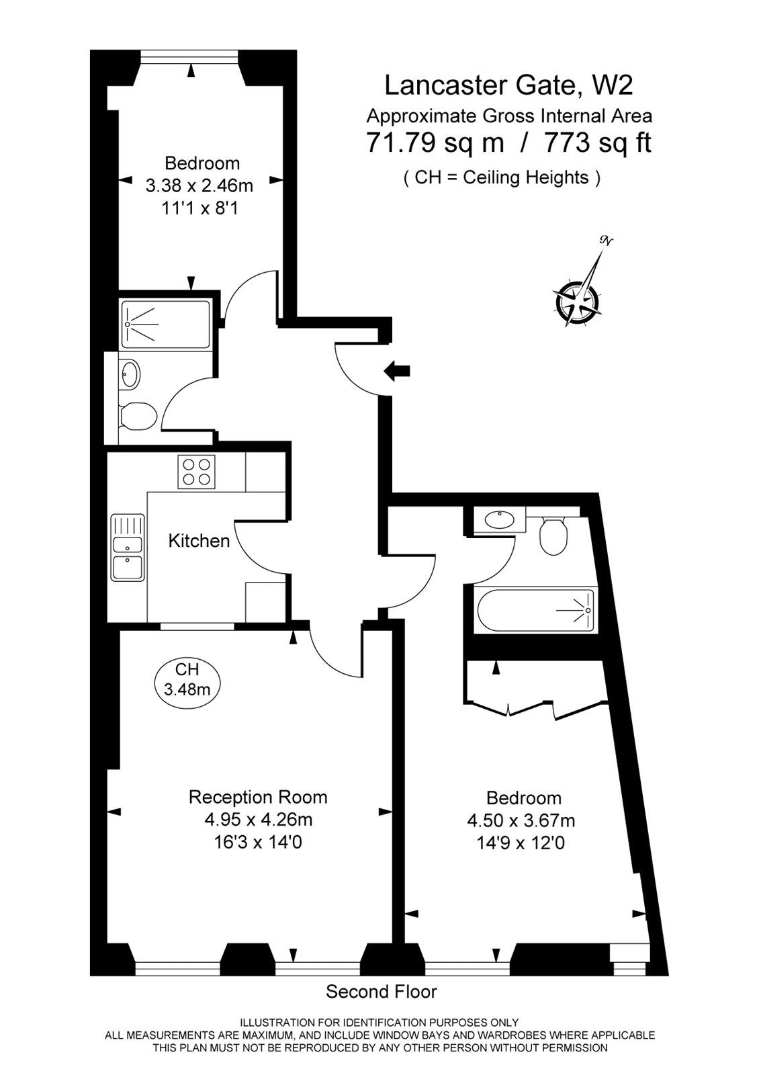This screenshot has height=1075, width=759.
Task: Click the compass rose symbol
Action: [578, 296]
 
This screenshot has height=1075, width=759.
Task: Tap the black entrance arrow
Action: [398, 370]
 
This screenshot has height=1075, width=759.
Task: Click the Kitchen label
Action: [199, 540]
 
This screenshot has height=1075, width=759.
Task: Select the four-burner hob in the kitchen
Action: [197, 471]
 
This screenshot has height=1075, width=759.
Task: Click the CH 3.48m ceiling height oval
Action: [187, 679]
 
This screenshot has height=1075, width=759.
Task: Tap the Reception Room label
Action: [258, 797]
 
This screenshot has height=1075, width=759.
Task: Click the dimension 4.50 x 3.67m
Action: [521, 820]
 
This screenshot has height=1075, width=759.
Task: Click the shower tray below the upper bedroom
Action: [166, 325]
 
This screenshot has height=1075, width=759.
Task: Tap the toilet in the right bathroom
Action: [554, 535]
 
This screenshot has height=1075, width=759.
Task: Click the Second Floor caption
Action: [381, 991]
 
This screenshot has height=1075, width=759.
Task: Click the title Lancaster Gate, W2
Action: [508, 85]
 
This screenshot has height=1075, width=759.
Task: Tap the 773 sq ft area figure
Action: [597, 142]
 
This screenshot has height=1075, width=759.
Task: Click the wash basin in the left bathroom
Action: [130, 374]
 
